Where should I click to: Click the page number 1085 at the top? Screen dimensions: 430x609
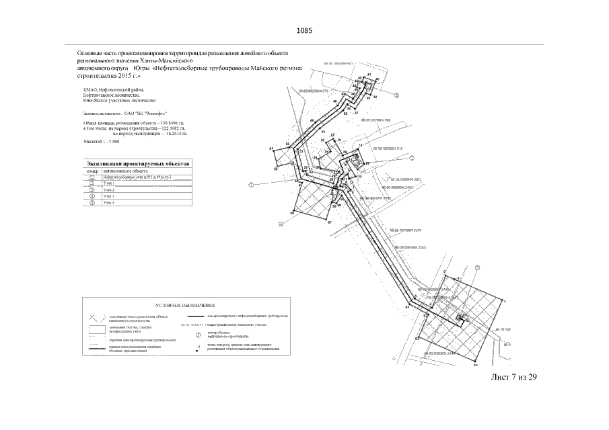(305, 31)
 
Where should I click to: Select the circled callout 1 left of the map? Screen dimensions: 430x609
(252, 184)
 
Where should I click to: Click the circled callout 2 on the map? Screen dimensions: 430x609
(396, 95)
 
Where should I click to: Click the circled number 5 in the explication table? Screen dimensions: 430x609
(92, 202)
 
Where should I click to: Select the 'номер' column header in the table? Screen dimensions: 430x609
(92, 171)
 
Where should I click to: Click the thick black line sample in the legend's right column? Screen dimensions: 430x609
(205, 316)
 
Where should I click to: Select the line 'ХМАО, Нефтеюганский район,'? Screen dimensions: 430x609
(113, 89)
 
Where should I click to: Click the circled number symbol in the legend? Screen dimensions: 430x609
(198, 333)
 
